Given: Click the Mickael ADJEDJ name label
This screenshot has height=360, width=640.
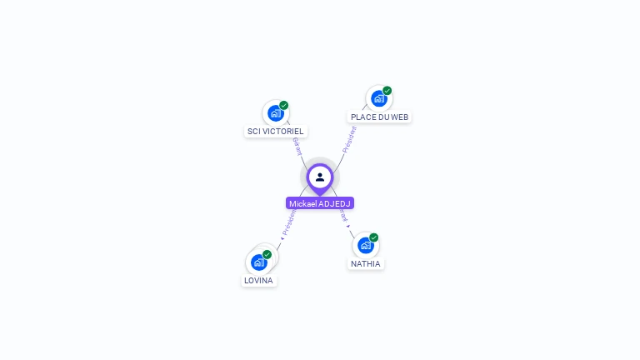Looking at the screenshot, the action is tap(320, 203).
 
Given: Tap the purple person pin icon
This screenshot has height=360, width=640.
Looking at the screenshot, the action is tap(320, 177).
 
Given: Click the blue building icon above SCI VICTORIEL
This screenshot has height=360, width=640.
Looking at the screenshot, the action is tap(276, 113).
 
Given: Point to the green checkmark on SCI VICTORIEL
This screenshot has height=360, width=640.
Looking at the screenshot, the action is tap(284, 106).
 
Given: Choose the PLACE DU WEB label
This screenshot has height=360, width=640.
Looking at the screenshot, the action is tap(379, 117).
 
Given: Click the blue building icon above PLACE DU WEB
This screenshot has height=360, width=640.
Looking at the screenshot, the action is tap(379, 98).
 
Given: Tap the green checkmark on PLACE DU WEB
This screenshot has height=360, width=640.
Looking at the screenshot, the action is tap(387, 91).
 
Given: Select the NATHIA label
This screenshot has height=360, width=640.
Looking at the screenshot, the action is tap(366, 264).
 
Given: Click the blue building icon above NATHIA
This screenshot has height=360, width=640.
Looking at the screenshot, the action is tap(365, 245).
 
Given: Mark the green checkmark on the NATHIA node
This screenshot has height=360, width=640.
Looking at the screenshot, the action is tap(374, 237).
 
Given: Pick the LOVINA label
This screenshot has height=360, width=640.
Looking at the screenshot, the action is tap(258, 281).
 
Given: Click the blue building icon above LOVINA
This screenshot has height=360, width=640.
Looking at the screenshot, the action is tap(259, 262).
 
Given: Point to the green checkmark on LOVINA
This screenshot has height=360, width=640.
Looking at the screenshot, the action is tap(267, 254).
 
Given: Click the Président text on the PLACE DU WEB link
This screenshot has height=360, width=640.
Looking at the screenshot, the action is tap(348, 139).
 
